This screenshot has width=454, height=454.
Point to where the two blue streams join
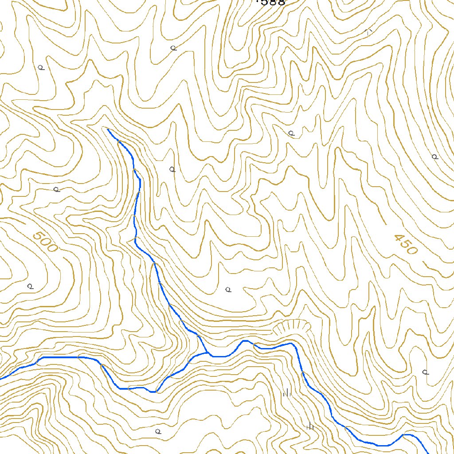pos(207,353)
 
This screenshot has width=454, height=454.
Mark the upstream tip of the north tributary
pos(108,129)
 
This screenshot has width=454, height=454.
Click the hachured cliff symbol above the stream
pos(291,327)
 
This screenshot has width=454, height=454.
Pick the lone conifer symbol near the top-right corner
pos(368,31)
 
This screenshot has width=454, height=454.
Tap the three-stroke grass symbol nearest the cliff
pos(287,392)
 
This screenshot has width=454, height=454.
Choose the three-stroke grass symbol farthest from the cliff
pos(310,427)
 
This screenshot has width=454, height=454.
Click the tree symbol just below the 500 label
pos(30,286)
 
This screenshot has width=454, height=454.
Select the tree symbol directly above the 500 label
pos(56,189)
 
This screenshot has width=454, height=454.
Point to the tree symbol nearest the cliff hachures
pos(228,290)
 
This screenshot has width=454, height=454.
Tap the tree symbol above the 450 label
pos(434,157)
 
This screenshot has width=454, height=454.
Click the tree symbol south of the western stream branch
pos(157,431)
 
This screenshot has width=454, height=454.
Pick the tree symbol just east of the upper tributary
pos(172,169)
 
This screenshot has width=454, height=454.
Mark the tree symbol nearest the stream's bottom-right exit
pos(425,372)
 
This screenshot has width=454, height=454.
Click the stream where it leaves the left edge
pos(1,379)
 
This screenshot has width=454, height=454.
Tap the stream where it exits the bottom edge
pos(427,452)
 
